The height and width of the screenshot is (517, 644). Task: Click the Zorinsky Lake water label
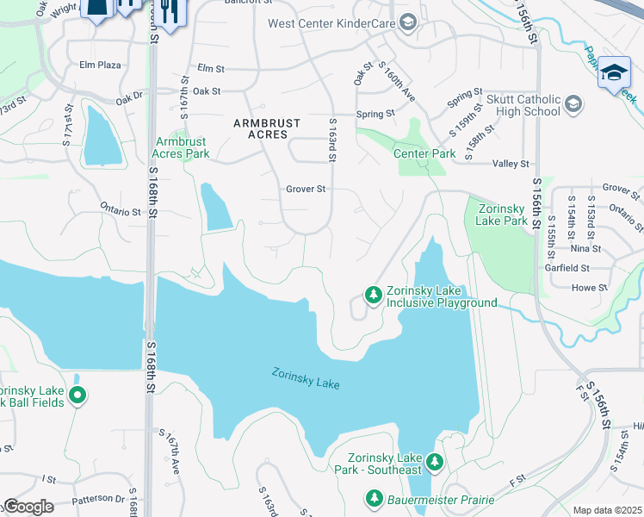tap(306, 378)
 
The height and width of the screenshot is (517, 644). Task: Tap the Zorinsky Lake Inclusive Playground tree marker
tap(373, 296)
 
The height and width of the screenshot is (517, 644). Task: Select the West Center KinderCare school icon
tap(408, 22)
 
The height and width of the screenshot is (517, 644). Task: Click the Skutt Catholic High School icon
tap(572, 105)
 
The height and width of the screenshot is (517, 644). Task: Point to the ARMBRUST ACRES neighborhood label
tap(267, 123)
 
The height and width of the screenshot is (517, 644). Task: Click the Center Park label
tap(424, 154)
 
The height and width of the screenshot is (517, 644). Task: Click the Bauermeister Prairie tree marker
tap(375, 499)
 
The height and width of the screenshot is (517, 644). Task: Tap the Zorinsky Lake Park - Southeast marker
tap(435, 463)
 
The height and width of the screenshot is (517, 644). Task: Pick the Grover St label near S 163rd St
tap(306, 189)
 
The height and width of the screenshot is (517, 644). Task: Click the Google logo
tap(28, 507)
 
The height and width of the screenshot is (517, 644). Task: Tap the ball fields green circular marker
tap(77, 396)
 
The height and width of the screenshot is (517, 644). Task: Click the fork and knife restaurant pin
tap(167, 13)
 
